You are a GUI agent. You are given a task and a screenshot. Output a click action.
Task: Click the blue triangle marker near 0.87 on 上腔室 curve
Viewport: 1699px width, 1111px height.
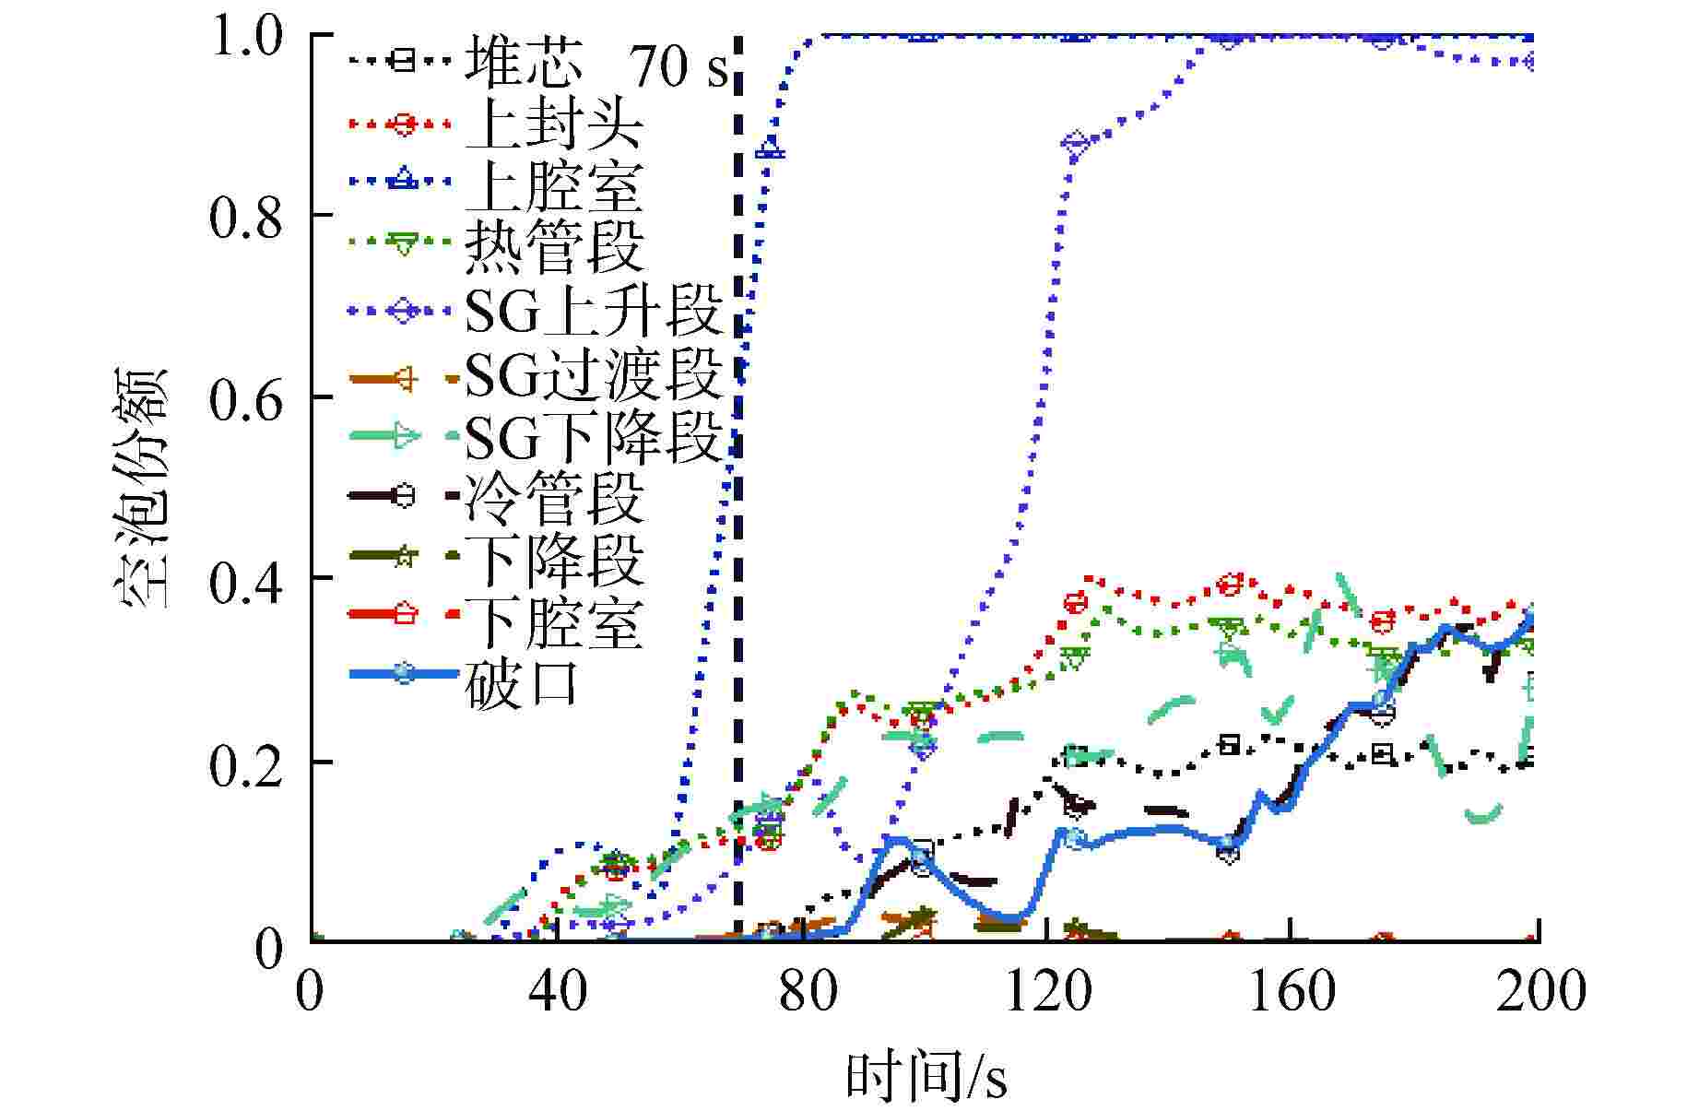pos(770,148)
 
